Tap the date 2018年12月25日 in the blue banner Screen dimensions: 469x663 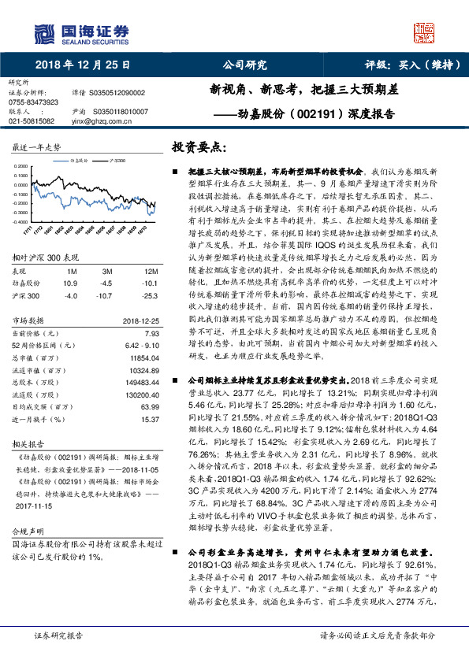tap(84, 65)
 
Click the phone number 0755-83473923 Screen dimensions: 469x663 tap(33, 102)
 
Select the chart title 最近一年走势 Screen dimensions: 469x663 tap(36, 147)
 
